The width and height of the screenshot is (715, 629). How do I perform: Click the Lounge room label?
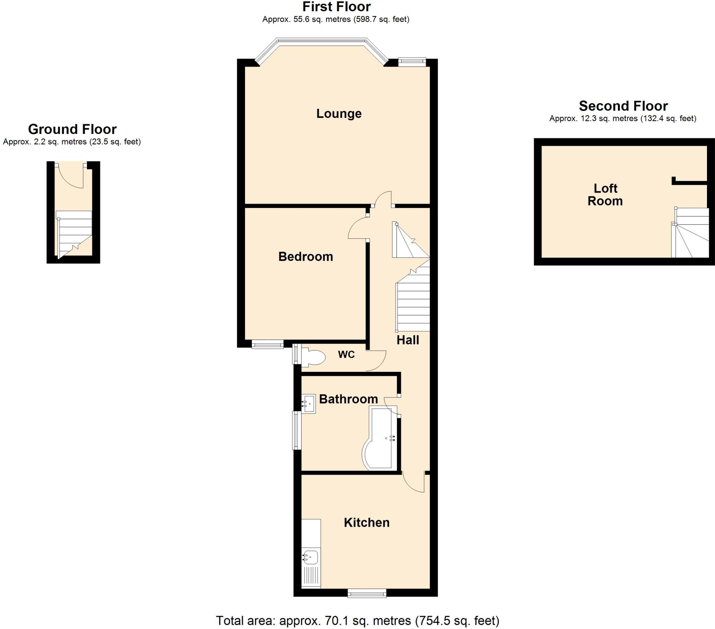[x=339, y=114]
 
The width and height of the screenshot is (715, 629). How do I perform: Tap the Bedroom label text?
[x=305, y=257]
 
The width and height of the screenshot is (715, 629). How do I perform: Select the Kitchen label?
[x=366, y=522]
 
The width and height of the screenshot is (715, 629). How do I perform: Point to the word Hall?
[x=407, y=340]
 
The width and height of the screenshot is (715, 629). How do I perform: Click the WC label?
[x=346, y=354]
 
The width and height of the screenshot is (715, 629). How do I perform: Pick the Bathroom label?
[x=348, y=399]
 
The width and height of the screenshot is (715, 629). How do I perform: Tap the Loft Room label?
[x=605, y=195]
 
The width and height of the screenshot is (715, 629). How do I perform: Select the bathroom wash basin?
[x=309, y=404]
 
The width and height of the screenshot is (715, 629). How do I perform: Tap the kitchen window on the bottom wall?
[x=367, y=593]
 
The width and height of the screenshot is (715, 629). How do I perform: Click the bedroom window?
[x=267, y=344]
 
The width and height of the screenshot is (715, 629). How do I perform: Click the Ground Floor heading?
[x=72, y=129]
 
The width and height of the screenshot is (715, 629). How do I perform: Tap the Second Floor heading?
[x=623, y=106]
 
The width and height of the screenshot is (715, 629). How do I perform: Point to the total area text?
[x=357, y=621]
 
